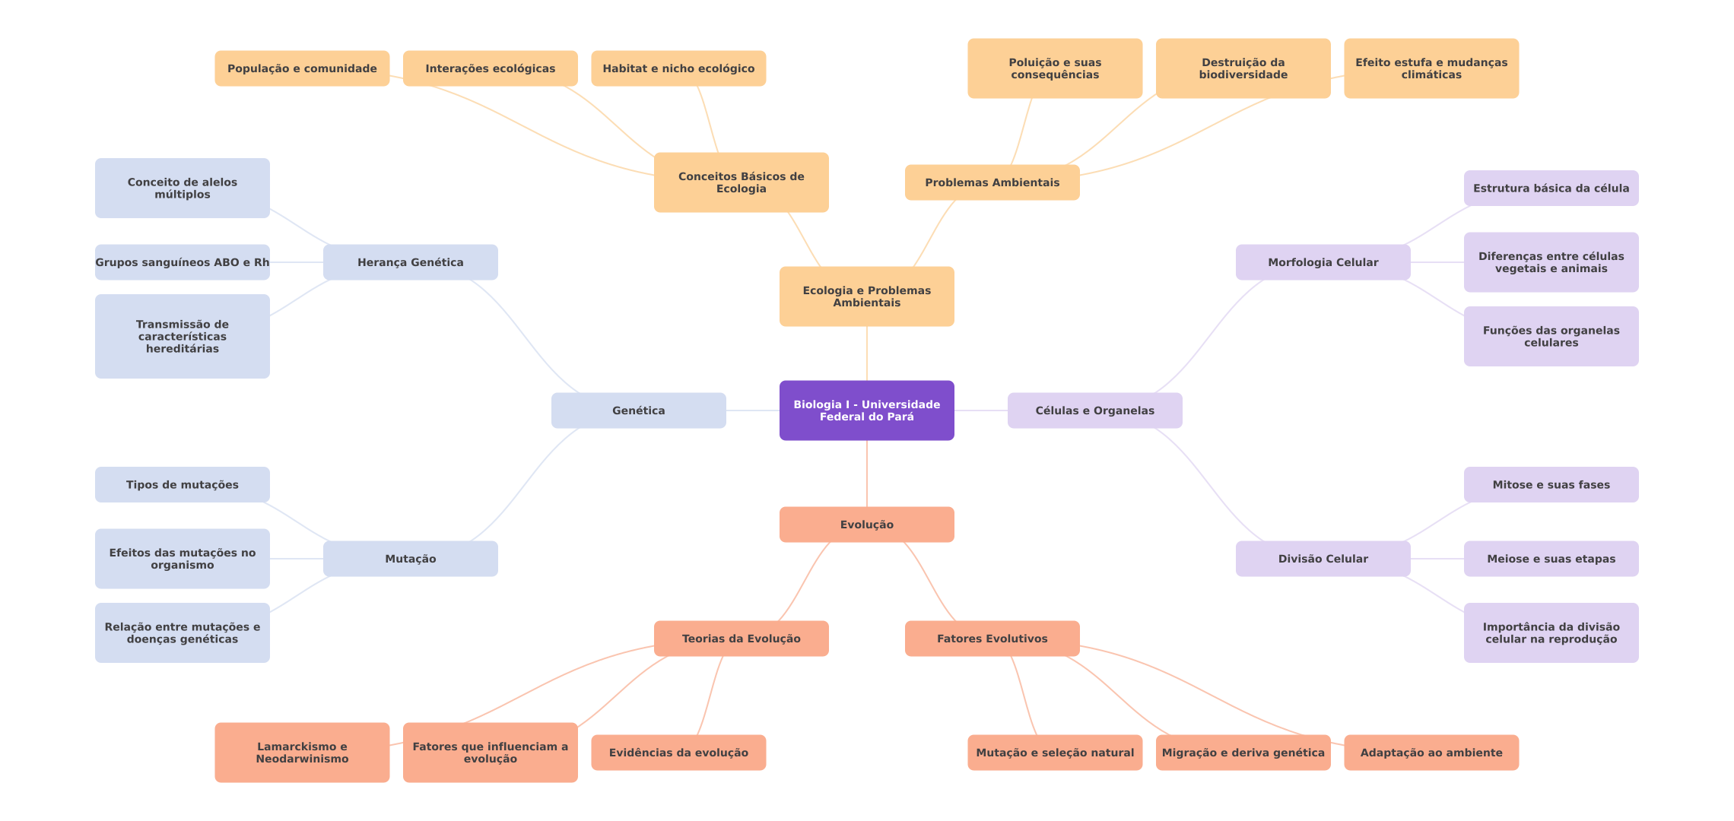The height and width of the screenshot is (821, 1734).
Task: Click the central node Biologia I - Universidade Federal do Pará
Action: (867, 410)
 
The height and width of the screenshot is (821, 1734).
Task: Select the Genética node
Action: (639, 410)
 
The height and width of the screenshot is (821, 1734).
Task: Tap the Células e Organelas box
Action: (1095, 410)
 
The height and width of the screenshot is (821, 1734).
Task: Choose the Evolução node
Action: (867, 525)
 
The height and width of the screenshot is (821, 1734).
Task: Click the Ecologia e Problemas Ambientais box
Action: (867, 296)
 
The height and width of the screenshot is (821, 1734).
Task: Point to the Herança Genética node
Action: (411, 262)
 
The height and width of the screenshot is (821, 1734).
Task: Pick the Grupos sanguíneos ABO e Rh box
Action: (183, 262)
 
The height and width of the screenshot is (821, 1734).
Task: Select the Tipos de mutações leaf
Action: (183, 484)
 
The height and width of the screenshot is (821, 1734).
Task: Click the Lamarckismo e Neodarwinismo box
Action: (302, 753)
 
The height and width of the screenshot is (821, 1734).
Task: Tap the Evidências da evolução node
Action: (678, 753)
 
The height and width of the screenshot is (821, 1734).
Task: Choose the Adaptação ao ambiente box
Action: (1431, 753)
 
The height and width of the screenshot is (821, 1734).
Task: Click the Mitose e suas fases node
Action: (1551, 484)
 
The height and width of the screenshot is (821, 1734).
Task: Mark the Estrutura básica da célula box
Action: (1551, 188)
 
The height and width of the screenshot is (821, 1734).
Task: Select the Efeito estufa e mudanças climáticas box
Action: (1431, 68)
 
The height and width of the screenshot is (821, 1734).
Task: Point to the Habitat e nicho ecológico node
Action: (678, 68)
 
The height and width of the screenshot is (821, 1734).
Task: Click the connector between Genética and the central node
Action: (753, 410)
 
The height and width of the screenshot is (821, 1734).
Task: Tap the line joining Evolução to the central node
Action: (867, 474)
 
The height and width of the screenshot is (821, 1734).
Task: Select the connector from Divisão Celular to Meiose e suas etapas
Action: (1437, 559)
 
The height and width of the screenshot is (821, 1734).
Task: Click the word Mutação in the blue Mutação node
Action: (411, 559)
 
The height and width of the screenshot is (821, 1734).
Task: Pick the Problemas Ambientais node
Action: (992, 182)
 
